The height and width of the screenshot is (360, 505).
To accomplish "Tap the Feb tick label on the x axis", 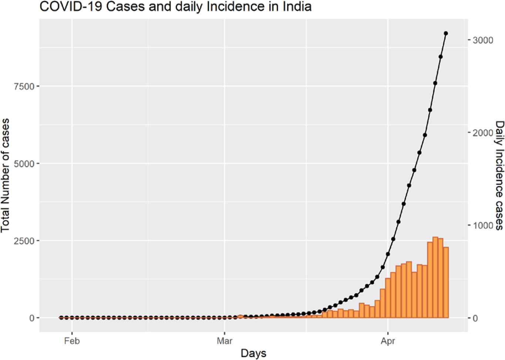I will tap(72, 341).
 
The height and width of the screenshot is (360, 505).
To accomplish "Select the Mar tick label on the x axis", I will tap(225, 341).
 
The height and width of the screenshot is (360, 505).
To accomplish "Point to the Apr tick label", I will tap(388, 341).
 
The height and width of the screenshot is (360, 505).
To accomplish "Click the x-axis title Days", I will tap(253, 353).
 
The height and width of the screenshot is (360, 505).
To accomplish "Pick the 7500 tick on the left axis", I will tap(24, 86).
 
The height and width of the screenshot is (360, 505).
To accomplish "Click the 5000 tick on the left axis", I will tap(24, 163).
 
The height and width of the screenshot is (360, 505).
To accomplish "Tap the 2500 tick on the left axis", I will tap(24, 241).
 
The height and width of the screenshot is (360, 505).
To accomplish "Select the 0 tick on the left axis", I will tap(32, 318).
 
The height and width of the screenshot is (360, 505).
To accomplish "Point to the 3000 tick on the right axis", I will tap(483, 40).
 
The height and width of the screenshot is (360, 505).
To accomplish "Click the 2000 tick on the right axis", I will tap(483, 132).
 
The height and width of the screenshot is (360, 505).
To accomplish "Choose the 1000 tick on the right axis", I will tap(483, 225).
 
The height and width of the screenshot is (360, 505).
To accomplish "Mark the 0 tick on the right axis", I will tap(475, 318).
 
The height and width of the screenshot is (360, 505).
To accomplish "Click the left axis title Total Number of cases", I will tap(5, 175).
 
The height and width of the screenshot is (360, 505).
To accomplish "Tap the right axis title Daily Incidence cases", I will tap(499, 175).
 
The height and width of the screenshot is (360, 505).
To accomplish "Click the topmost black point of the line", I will tap(446, 33).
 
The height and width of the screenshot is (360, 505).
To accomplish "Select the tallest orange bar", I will tap(435, 277).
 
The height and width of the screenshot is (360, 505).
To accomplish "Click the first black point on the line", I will tap(61, 317).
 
